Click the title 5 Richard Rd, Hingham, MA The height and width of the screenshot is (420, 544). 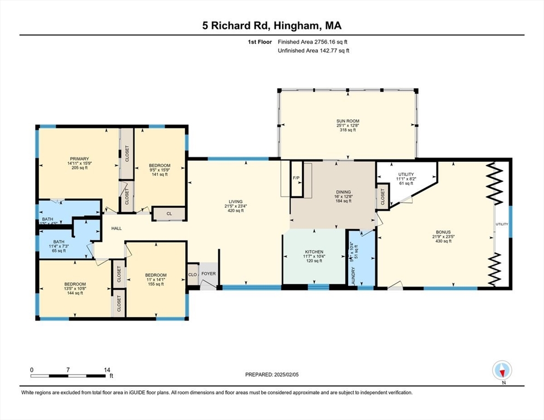272,26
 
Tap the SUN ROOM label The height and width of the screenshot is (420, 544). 348,120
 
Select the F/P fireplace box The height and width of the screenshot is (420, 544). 296,178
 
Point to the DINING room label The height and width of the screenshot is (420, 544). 343,192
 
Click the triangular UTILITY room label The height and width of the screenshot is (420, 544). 406,174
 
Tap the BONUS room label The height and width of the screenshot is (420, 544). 443,232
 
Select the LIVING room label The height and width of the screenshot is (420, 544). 236,201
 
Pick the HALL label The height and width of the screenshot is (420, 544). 117,229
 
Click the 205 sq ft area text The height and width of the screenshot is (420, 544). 78,168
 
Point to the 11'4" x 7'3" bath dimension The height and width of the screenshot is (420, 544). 59,247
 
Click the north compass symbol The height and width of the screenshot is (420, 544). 501,371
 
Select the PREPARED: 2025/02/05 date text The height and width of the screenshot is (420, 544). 272,375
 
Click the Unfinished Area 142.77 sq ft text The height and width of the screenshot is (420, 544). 313,50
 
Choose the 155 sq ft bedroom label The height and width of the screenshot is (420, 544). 155,284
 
